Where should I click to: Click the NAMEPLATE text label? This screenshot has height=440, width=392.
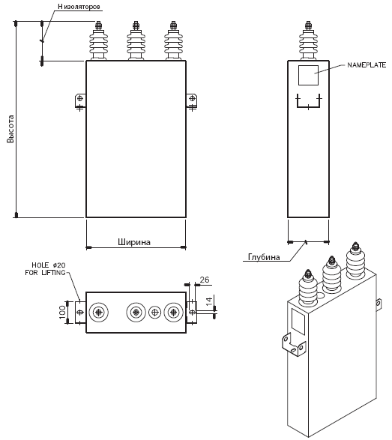click(x=367, y=65)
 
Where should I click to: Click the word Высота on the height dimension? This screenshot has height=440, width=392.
click(x=10, y=129)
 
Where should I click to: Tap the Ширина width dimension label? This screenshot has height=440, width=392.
click(x=134, y=242)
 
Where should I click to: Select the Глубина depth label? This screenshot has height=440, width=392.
click(x=264, y=257)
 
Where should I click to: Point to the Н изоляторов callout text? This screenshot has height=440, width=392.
click(x=79, y=7)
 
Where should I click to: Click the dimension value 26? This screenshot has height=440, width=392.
click(x=205, y=280)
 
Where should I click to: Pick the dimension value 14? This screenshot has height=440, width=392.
click(x=209, y=301)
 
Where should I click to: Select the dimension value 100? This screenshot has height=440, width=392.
click(x=62, y=313)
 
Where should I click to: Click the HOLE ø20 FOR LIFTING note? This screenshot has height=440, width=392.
click(x=46, y=268)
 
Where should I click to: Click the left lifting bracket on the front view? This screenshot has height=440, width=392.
click(x=80, y=101)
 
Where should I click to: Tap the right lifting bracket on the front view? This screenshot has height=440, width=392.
click(x=192, y=101)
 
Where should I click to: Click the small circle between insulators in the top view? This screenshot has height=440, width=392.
click(x=154, y=313)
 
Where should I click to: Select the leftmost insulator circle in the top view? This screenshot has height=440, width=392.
click(x=98, y=313)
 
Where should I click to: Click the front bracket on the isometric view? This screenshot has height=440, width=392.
click(x=293, y=344)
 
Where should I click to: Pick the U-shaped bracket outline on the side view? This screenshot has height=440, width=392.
click(x=308, y=107)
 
